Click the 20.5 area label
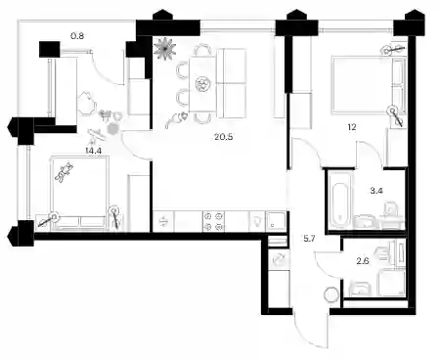pos(224,137)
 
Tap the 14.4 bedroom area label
pos(93,151)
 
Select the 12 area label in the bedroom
pos(352,127)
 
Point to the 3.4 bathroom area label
pos(376,191)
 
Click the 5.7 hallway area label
pos(309,239)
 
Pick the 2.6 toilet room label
pos(363,261)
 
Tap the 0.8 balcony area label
pos(77,35)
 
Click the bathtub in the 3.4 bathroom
pos(340,201)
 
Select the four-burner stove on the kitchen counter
pos(214,221)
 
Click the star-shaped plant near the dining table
pos(165,49)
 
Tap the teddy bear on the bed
pos(65,172)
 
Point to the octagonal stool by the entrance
pos(332,295)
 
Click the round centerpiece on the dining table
pos(202,84)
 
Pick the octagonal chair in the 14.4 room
pos(87,103)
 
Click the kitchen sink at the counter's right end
pos(276,221)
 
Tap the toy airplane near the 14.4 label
pos(97,135)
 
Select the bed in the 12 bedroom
pos(369,85)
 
